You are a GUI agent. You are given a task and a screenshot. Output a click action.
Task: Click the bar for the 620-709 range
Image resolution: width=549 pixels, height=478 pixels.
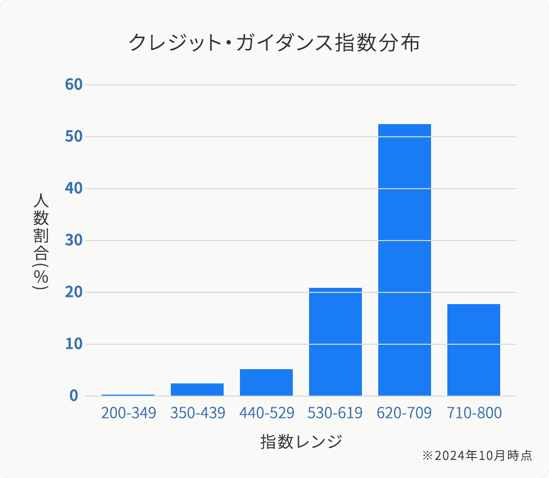coord(405,260)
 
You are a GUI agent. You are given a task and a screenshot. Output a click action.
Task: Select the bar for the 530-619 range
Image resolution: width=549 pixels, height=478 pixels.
coord(335,342)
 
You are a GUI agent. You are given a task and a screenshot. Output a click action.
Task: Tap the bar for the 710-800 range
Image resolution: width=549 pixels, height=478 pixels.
coord(474,350)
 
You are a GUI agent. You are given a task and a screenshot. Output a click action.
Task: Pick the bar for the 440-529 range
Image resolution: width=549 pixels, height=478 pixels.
coord(266,382)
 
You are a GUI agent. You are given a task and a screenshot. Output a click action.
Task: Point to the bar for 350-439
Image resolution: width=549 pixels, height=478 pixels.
coord(197,390)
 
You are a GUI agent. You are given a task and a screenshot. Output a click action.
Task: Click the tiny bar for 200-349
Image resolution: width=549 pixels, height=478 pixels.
coord(128,395)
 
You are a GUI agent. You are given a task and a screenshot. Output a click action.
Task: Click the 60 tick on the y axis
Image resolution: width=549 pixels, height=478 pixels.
coord(74,84)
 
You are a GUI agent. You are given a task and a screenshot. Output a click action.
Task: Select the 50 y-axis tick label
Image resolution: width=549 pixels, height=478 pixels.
coord(74,136)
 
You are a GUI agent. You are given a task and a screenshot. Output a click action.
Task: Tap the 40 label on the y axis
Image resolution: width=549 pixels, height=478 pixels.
coord(74,188)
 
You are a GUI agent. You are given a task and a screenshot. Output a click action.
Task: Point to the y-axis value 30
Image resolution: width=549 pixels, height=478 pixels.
coord(74,240)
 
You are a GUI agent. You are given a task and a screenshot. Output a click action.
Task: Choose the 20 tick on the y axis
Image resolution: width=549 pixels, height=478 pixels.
coord(74,292)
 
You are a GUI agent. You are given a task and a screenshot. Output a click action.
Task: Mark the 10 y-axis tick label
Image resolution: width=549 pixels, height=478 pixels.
coord(74,344)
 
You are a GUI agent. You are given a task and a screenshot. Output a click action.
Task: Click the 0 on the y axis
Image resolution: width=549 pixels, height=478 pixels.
coord(74,396)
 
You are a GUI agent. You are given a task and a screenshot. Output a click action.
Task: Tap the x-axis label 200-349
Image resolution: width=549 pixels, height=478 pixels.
coord(128,413)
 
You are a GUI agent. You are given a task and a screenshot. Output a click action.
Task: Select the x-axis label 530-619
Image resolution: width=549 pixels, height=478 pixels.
coord(335,413)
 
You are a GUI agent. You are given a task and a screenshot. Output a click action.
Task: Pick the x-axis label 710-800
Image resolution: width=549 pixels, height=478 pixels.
coord(474,413)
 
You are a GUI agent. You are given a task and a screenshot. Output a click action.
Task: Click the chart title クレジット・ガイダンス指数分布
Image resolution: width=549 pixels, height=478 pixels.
coord(274,43)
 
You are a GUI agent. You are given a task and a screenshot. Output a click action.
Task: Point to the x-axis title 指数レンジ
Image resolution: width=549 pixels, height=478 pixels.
coord(301,441)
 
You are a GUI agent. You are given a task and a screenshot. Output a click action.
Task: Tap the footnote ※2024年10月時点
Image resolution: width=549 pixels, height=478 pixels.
coord(477,456)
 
